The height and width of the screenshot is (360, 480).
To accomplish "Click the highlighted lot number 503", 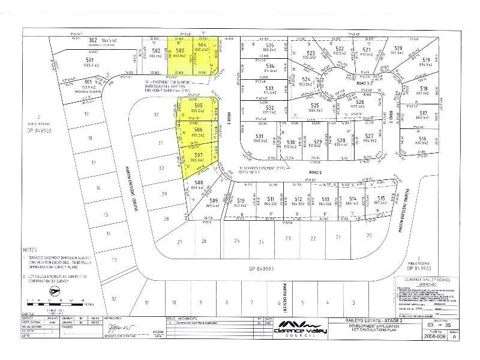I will point(179,52).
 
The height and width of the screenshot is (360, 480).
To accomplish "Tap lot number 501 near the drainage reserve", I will point(89,60).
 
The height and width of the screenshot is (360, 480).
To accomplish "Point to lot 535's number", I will point(270,45).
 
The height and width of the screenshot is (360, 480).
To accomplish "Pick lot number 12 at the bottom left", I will point(113,298).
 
